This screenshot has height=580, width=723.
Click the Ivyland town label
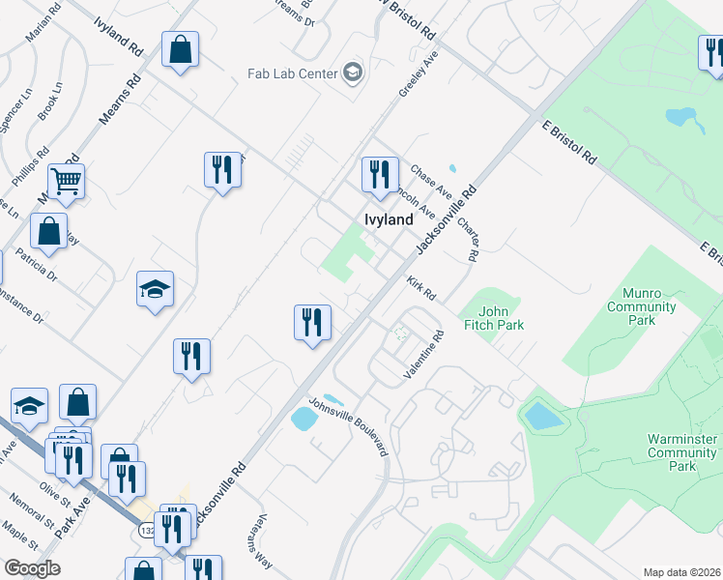click(389, 219)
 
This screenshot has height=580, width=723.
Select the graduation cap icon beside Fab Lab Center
click(353, 72)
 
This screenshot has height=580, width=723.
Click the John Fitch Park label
click(501, 318)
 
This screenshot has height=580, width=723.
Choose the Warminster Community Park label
click(682, 451)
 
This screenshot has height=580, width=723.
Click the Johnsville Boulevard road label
click(348, 427)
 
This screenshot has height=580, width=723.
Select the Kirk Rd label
click(421, 287)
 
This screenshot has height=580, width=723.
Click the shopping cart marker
click(66, 180)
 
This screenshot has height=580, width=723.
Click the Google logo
click(31, 568)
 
